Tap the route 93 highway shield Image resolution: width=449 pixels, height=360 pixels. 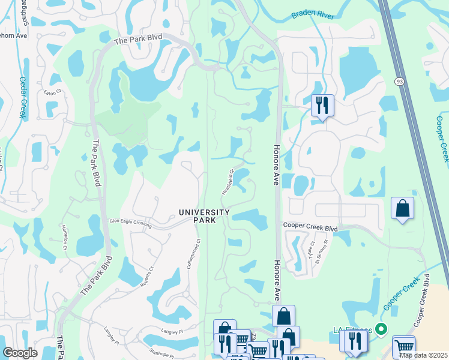click(x=399, y=81)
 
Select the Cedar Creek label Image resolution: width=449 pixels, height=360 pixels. click(x=23, y=97)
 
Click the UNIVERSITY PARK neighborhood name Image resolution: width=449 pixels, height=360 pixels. click(x=204, y=216)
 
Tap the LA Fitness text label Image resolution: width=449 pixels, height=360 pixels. click(x=352, y=329)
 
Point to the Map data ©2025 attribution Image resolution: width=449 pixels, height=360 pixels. click(x=423, y=355)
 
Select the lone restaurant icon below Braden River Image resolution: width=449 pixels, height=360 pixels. click(x=322, y=106)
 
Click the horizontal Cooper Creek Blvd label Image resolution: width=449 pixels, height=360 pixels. click(x=310, y=229)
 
